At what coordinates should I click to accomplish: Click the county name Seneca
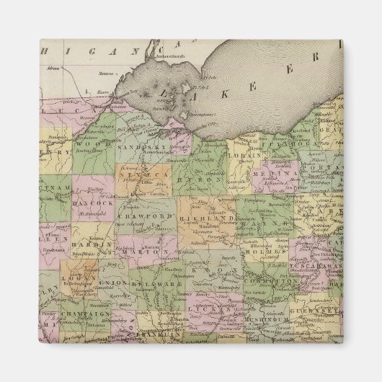coord(148,174)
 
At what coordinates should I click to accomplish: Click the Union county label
coord(116,283)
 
